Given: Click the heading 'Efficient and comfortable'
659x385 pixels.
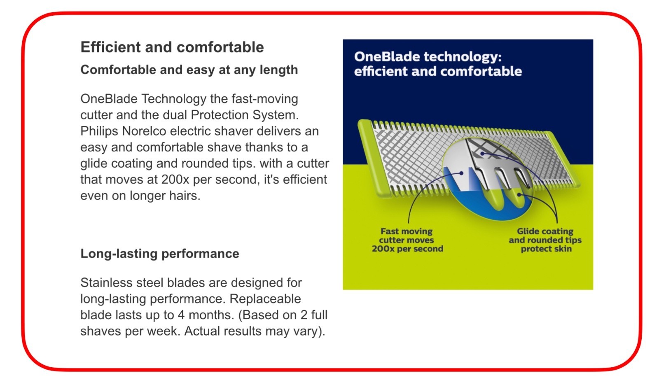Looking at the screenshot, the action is coord(172,47).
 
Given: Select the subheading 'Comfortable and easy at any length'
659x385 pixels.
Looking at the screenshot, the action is coord(189,70).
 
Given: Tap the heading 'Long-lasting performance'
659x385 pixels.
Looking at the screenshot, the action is coord(160,254).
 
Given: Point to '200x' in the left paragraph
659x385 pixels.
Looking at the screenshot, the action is coord(175,180).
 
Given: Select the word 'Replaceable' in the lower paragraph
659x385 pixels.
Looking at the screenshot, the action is coord(265,299).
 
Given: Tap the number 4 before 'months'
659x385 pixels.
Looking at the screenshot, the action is coord(181,315).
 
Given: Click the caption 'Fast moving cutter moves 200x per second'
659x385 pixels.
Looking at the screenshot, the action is coord(407,240).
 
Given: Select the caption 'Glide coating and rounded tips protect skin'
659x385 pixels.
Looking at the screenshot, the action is coord(545,240).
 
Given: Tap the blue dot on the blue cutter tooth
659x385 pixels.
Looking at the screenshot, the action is coord(462,173).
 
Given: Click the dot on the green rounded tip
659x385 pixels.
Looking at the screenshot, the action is coord(519,195).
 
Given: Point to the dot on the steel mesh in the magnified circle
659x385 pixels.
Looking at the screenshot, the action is coord(482,154).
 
